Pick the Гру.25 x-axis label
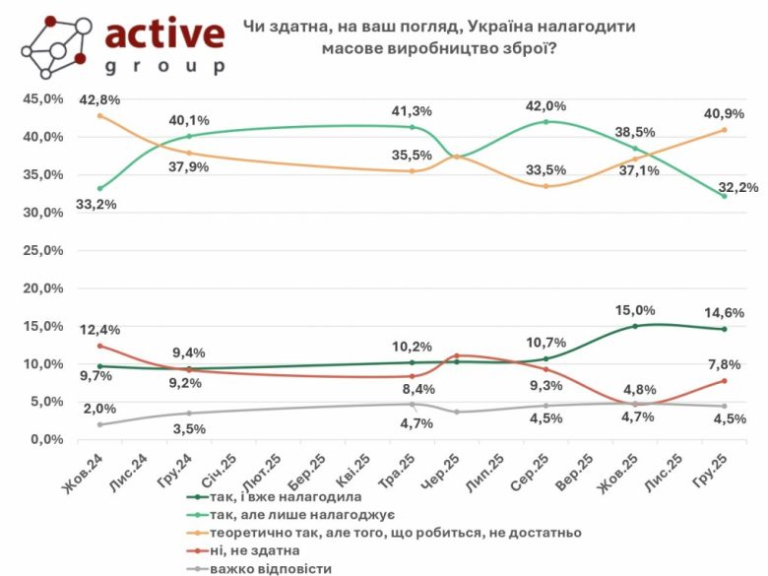point(707,472)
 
